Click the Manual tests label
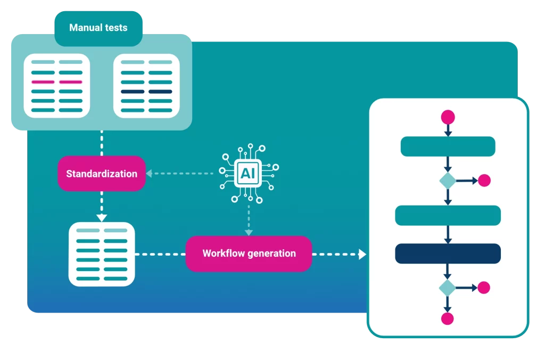(x=98, y=28)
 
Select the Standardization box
(x=102, y=174)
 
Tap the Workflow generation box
(x=249, y=253)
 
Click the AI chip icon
(x=248, y=173)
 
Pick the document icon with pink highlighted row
(x=57, y=85)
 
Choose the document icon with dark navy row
(x=146, y=85)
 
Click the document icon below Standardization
(x=102, y=254)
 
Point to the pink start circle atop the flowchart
(x=448, y=117)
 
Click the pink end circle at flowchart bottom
(x=448, y=318)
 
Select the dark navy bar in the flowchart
(x=448, y=253)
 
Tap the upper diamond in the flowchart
(x=448, y=181)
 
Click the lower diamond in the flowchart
(x=448, y=288)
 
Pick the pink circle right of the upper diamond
(x=484, y=181)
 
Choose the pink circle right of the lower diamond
(x=484, y=288)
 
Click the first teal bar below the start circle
(x=448, y=146)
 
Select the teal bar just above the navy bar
(x=448, y=215)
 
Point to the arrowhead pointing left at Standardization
(x=150, y=173)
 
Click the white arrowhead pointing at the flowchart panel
(x=362, y=254)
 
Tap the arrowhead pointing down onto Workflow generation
(x=249, y=232)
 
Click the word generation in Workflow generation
(x=271, y=253)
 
